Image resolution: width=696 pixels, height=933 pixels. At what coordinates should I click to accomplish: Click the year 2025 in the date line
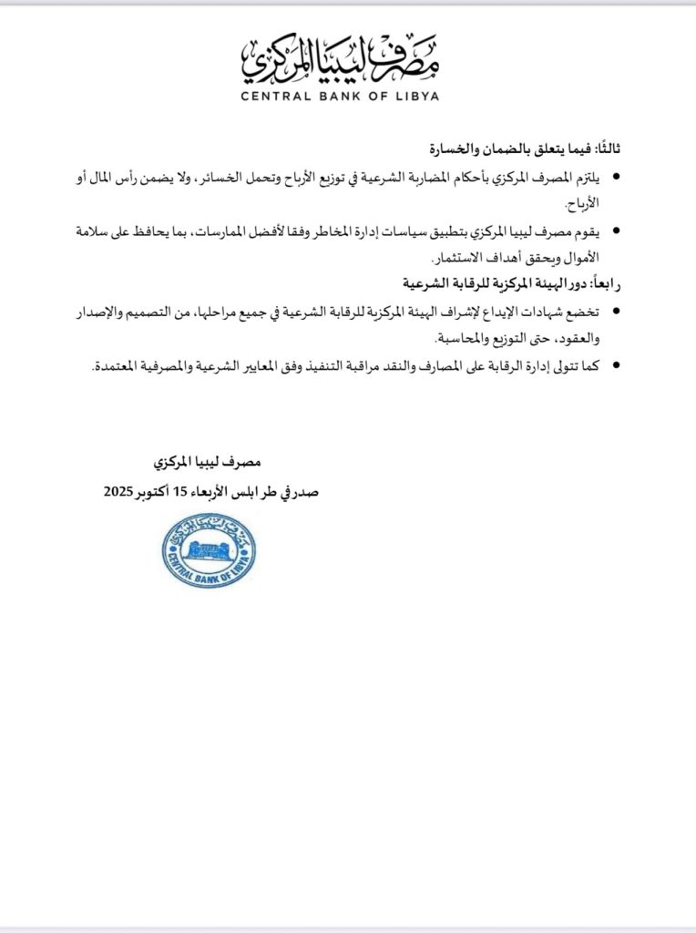(125, 493)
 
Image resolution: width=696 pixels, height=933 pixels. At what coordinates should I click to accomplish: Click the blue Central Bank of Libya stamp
(209, 550)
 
